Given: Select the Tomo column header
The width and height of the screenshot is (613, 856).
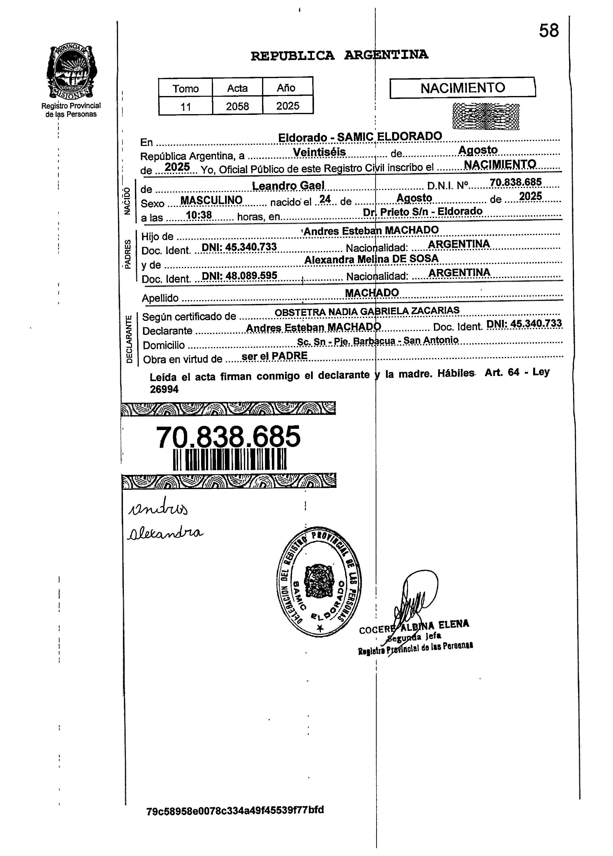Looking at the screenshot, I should pyautogui.click(x=185, y=89).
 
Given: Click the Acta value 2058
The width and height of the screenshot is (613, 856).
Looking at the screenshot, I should pyautogui.click(x=237, y=107).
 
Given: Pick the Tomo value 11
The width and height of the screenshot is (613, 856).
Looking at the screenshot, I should pyautogui.click(x=185, y=107).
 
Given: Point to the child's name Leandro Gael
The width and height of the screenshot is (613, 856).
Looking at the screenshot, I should pyautogui.click(x=288, y=186).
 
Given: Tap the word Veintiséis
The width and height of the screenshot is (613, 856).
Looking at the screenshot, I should pyautogui.click(x=319, y=152).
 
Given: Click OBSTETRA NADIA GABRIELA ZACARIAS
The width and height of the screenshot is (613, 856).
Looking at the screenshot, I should pyautogui.click(x=367, y=311).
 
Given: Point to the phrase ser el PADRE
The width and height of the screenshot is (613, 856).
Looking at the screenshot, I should pyautogui.click(x=274, y=356).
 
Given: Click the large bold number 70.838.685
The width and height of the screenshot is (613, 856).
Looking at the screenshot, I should pyautogui.click(x=228, y=437).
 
